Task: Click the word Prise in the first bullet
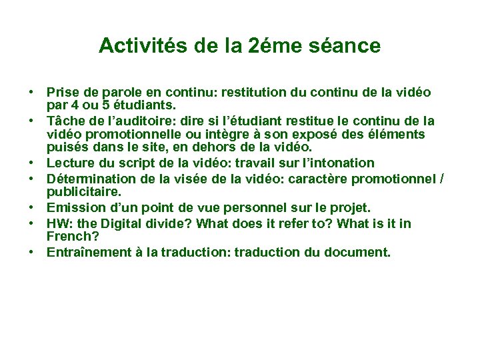[x=62, y=92]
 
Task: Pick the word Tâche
[x=65, y=121]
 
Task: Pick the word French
[x=67, y=236]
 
